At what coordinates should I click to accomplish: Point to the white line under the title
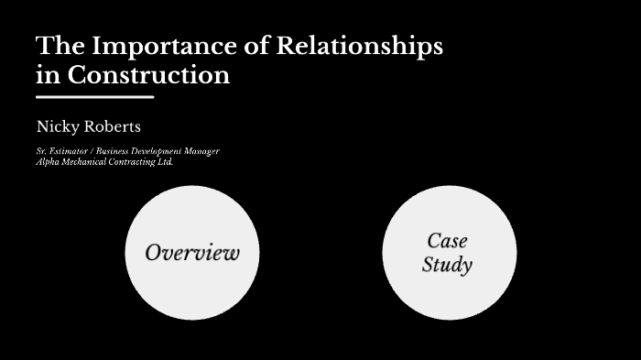click(x=95, y=96)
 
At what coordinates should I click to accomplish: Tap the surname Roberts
click(x=114, y=125)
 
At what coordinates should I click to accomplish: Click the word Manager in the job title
click(x=201, y=150)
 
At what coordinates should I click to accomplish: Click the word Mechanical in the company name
click(x=84, y=161)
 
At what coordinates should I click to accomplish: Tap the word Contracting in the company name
click(x=132, y=161)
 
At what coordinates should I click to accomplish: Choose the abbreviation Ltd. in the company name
click(x=165, y=161)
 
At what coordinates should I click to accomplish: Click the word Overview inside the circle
click(x=192, y=252)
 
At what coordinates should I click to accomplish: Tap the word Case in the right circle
click(x=447, y=241)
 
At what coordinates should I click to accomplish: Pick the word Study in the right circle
click(x=447, y=266)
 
